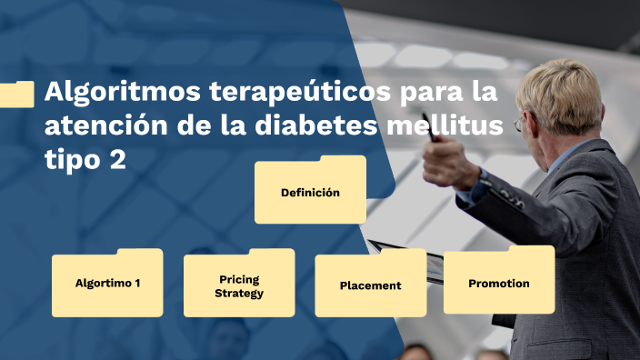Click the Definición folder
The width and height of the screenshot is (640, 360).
tap(310, 192)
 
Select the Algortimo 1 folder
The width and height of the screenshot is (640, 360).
tap(107, 283)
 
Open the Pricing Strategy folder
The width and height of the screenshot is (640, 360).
tap(239, 285)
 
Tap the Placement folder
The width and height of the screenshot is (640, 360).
tap(370, 285)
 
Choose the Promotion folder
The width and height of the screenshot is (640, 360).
tap(499, 283)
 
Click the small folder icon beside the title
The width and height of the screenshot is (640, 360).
tap(17, 94)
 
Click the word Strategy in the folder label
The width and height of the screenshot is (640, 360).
tap(239, 293)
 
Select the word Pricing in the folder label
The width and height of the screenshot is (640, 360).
tap(239, 279)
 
